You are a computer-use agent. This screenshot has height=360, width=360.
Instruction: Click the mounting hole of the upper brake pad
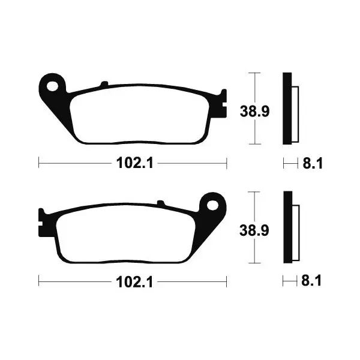tap(52, 86)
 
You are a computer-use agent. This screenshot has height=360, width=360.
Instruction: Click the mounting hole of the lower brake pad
tap(212, 205)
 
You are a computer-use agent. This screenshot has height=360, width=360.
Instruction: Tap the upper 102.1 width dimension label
tap(134, 163)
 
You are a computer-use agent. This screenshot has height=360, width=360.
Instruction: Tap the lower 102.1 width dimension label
tap(134, 282)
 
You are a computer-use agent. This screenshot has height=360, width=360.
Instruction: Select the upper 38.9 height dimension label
tap(254, 112)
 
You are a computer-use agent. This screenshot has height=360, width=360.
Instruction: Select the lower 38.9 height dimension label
tap(254, 230)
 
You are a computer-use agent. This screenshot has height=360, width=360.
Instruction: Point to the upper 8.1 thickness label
tap(313, 163)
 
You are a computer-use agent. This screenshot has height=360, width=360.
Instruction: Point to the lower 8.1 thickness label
tap(311, 280)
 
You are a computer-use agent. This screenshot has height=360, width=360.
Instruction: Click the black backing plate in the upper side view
tap(287, 109)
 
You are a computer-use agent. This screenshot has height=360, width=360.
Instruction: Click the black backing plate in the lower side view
tap(288, 227)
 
